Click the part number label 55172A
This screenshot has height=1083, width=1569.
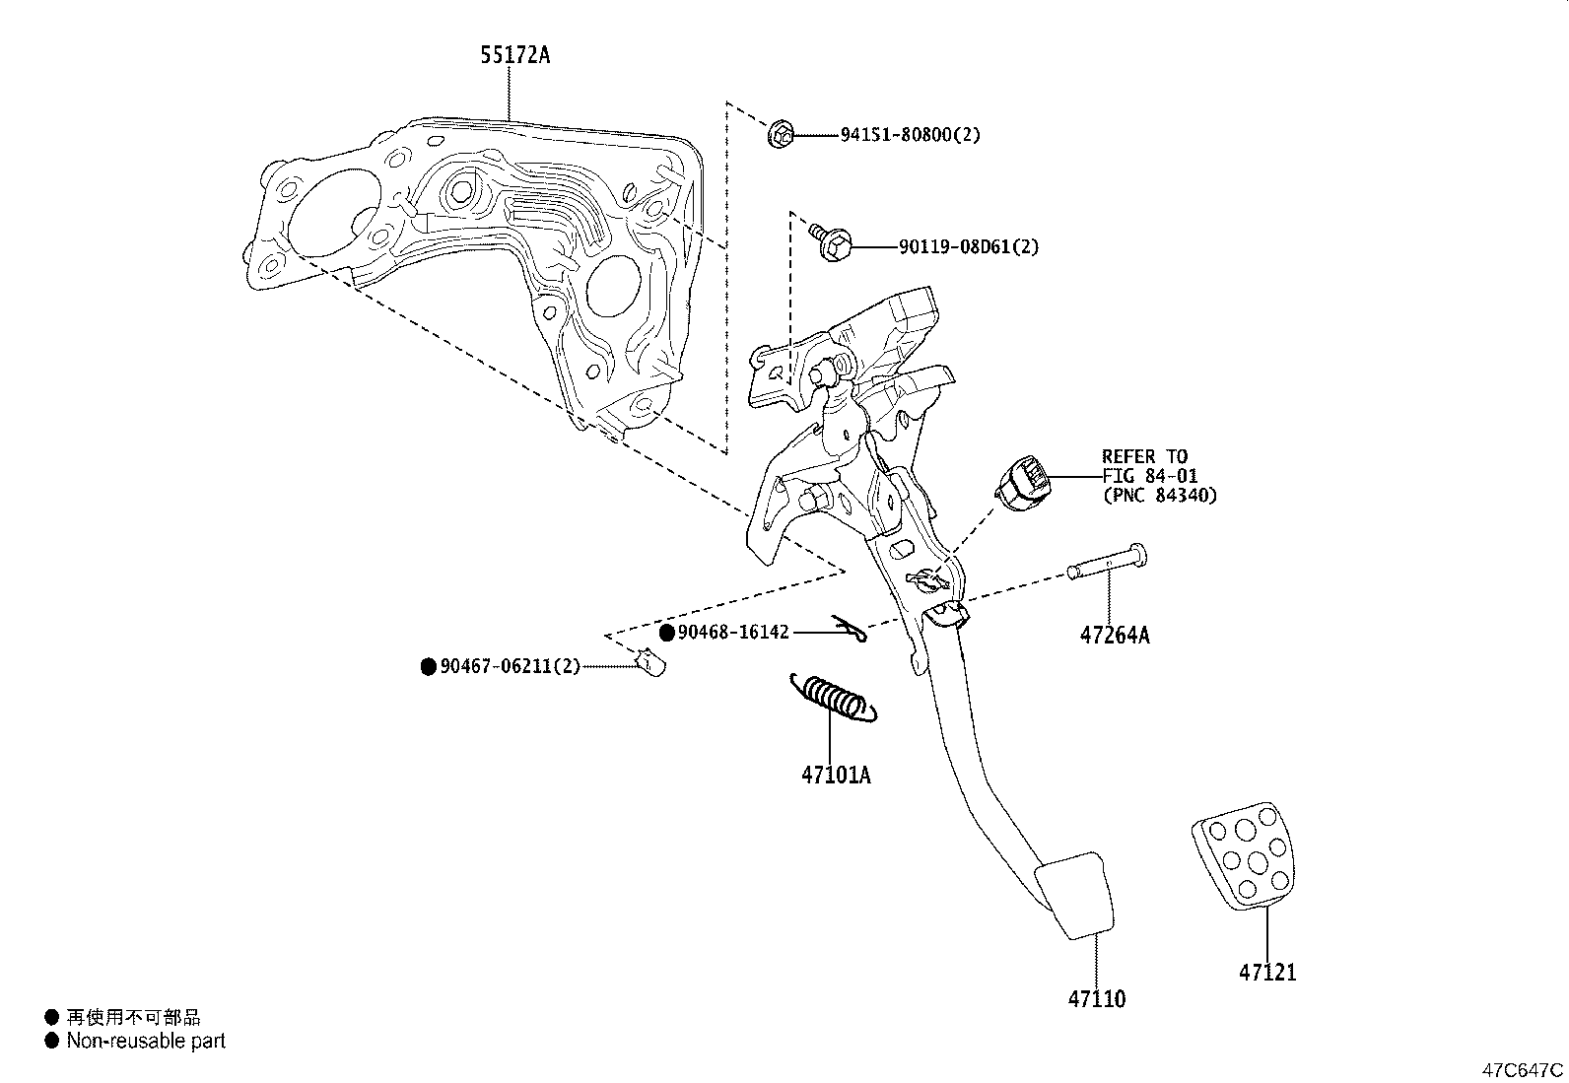[514, 55]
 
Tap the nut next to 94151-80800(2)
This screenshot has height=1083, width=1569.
[780, 134]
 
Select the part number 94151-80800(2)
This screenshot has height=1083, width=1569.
[910, 135]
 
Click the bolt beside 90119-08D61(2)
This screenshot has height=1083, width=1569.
[831, 242]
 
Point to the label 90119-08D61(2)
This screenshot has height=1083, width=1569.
[968, 246]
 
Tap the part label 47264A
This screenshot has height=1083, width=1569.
[1114, 636]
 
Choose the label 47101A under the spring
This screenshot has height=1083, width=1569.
[836, 776]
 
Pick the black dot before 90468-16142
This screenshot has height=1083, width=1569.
[667, 633]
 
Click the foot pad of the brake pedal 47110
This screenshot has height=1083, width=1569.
[1076, 895]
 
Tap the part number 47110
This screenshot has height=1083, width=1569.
[1096, 999]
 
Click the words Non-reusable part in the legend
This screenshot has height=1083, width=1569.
[146, 1041]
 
